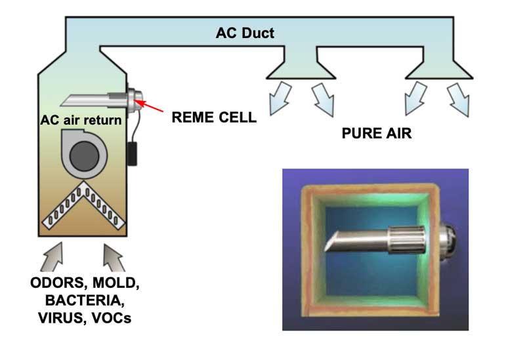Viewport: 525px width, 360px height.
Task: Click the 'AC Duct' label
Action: (x=245, y=32)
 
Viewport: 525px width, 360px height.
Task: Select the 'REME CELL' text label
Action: (x=213, y=118)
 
